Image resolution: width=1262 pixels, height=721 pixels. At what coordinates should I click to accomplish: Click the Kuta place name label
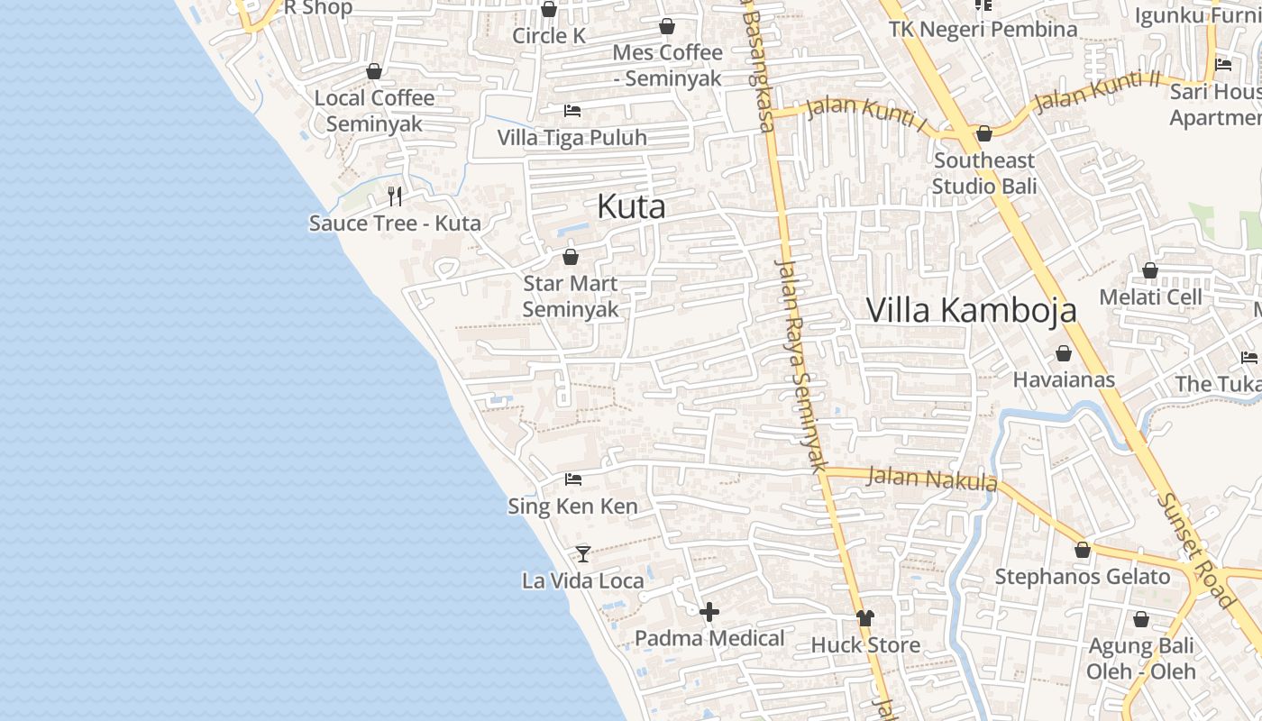pyautogui.click(x=631, y=206)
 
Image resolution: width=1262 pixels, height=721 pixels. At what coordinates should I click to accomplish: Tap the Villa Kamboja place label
pyautogui.click(x=972, y=310)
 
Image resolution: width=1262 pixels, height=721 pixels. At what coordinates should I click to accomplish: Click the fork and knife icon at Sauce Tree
pyautogui.click(x=394, y=196)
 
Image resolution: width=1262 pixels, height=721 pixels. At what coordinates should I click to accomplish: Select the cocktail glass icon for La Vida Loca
pyautogui.click(x=583, y=553)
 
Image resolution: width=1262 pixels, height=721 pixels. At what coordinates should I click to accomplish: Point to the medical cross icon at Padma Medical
pyautogui.click(x=709, y=612)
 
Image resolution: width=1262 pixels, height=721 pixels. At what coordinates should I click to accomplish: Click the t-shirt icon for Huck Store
pyautogui.click(x=865, y=618)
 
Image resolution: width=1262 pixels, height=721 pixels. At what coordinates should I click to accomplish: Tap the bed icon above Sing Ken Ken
pyautogui.click(x=573, y=479)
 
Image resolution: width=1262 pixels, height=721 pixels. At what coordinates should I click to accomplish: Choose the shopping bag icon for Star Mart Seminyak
pyautogui.click(x=571, y=257)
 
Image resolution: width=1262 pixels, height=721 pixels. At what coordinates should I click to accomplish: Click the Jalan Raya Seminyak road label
pyautogui.click(x=801, y=366)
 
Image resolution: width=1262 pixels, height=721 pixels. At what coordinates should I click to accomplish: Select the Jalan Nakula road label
pyautogui.click(x=932, y=479)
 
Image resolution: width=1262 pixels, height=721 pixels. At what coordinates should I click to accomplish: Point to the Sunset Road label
pyautogui.click(x=1195, y=549)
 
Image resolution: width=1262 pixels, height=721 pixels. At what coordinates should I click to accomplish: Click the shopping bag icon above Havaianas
pyautogui.click(x=1064, y=353)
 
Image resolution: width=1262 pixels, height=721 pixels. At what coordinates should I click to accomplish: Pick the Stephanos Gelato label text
pyautogui.click(x=1083, y=577)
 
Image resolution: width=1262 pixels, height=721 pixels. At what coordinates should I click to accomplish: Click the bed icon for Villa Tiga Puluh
pyautogui.click(x=572, y=111)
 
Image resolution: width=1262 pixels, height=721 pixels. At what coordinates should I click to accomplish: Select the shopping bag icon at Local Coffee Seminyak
pyautogui.click(x=374, y=71)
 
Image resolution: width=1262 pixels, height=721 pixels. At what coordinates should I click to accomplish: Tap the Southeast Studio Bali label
pyautogui.click(x=984, y=173)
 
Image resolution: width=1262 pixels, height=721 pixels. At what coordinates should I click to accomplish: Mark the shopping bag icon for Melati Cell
pyautogui.click(x=1150, y=270)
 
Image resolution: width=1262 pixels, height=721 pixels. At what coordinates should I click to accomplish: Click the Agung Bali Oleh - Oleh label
pyautogui.click(x=1141, y=659)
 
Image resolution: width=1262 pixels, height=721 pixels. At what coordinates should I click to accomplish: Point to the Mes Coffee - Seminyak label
pyautogui.click(x=667, y=65)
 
